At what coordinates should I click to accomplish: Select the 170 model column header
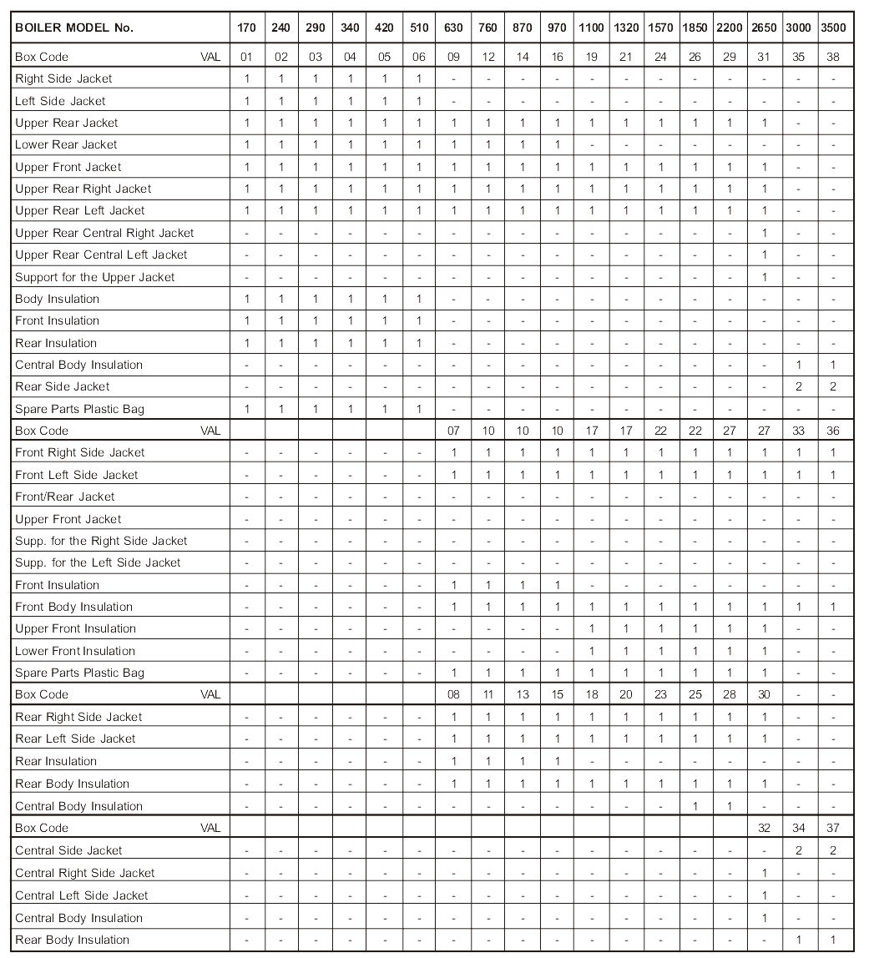(246, 28)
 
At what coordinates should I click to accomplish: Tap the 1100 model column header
(591, 28)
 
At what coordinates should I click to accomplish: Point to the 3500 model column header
(832, 28)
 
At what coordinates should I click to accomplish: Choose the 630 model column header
(453, 28)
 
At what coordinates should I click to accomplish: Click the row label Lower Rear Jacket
(66, 144)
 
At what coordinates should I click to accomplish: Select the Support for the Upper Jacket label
(94, 277)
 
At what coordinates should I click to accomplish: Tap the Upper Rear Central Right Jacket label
(104, 233)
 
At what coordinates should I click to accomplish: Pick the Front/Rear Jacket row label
(64, 497)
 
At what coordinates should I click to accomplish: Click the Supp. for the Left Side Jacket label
(98, 562)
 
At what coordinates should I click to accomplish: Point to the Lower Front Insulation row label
(75, 651)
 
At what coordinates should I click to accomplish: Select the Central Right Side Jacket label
(85, 873)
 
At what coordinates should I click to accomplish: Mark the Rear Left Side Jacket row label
(75, 739)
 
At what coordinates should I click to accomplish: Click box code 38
(832, 57)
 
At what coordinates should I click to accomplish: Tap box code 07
(453, 431)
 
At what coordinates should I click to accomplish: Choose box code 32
(764, 828)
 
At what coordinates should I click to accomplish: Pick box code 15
(557, 694)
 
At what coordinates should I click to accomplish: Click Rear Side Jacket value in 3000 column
(798, 386)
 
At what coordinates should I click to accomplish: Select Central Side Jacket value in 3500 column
(832, 850)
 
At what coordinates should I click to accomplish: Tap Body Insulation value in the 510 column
(419, 299)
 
